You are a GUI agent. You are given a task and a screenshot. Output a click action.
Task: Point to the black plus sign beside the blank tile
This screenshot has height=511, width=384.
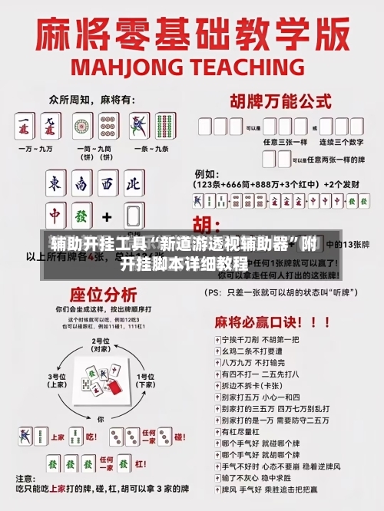click(x=107, y=216)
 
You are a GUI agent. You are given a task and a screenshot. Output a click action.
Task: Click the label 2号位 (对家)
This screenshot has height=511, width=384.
click(x=101, y=344)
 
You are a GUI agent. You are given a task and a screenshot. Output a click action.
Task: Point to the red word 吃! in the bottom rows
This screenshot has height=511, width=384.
click(x=91, y=437)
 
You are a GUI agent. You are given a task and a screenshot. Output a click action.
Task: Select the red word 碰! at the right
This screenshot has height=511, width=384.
click(x=178, y=437)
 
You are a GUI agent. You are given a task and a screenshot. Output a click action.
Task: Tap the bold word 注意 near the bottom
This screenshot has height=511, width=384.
click(x=35, y=478)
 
